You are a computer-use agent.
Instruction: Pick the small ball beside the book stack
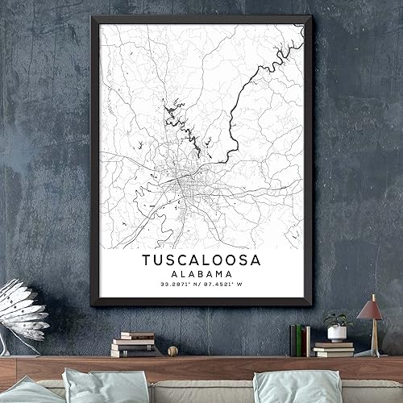pyautogui.click(x=172, y=351)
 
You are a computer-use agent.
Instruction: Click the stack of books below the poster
pyautogui.click(x=133, y=344)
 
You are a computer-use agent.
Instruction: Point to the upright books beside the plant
pyautogui.click(x=299, y=340)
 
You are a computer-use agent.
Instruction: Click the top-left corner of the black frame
pyautogui.click(x=92, y=17)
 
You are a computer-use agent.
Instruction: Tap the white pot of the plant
pyautogui.click(x=337, y=333)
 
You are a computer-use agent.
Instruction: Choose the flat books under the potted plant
pyautogui.click(x=334, y=349)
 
